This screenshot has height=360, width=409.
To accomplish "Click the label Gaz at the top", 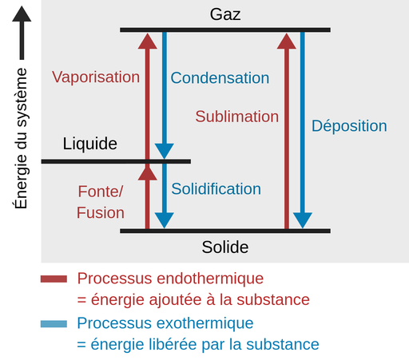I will [224, 14].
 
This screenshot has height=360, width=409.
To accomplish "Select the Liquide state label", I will [90, 144].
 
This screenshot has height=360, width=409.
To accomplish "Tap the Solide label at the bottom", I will [224, 247].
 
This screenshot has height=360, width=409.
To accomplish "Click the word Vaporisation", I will [96, 77].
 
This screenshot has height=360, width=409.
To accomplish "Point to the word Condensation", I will [220, 78].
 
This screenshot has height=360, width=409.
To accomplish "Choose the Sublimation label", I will [237, 117].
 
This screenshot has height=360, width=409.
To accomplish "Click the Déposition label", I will [349, 126].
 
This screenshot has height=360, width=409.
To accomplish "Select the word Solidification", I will [216, 189].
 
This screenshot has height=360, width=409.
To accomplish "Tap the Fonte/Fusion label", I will [101, 203].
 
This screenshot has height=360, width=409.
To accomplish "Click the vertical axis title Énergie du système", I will [22, 138].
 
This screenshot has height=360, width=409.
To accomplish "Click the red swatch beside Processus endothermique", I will [54, 279].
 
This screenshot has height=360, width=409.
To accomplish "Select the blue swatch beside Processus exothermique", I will [54, 324].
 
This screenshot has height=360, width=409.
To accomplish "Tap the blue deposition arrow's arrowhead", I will [302, 220].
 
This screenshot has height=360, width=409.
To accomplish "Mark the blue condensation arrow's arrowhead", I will [164, 150].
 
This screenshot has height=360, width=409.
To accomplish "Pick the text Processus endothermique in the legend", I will [170, 279].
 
